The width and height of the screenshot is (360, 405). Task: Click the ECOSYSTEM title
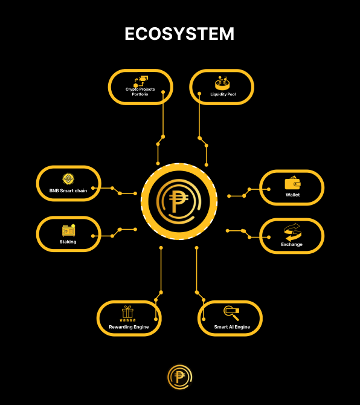179,34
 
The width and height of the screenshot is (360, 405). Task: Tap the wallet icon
292,183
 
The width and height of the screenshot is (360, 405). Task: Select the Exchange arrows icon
292,232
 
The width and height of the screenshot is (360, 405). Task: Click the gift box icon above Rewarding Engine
127,313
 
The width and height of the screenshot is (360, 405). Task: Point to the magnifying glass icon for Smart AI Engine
231,313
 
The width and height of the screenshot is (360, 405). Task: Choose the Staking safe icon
68,230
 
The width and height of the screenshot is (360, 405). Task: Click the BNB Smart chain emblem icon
68,179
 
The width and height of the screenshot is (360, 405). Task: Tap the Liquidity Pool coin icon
222,82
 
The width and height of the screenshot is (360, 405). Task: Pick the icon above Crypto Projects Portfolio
141,82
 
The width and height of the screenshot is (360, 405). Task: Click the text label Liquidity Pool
223,94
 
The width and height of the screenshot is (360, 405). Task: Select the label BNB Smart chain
68,190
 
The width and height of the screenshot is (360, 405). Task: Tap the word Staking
68,242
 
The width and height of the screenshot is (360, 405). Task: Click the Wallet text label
292,195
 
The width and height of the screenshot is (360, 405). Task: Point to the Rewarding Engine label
129,327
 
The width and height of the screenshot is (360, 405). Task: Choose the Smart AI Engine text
232,327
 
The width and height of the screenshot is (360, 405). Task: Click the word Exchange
292,244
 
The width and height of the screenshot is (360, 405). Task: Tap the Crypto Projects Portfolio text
140,92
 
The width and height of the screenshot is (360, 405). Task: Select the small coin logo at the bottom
180,377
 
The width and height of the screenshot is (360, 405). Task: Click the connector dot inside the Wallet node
269,189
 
